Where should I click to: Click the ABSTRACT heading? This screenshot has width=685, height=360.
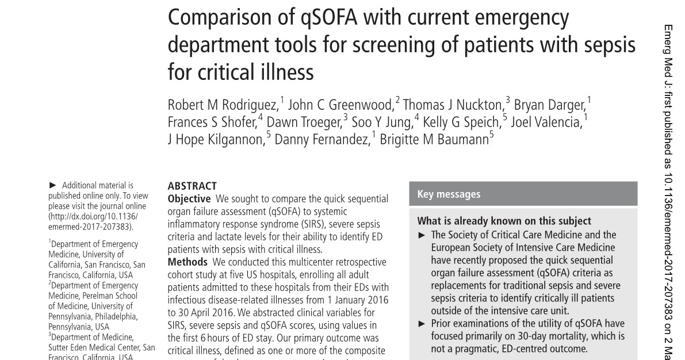click(192, 186)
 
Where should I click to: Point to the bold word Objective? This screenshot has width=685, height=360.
click(189, 199)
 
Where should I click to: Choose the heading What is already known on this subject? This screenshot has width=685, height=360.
click(504, 221)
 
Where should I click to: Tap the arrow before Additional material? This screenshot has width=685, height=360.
click(53, 185)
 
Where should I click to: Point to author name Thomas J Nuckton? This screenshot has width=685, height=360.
click(453, 105)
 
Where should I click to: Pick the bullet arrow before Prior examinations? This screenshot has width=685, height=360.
click(422, 324)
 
